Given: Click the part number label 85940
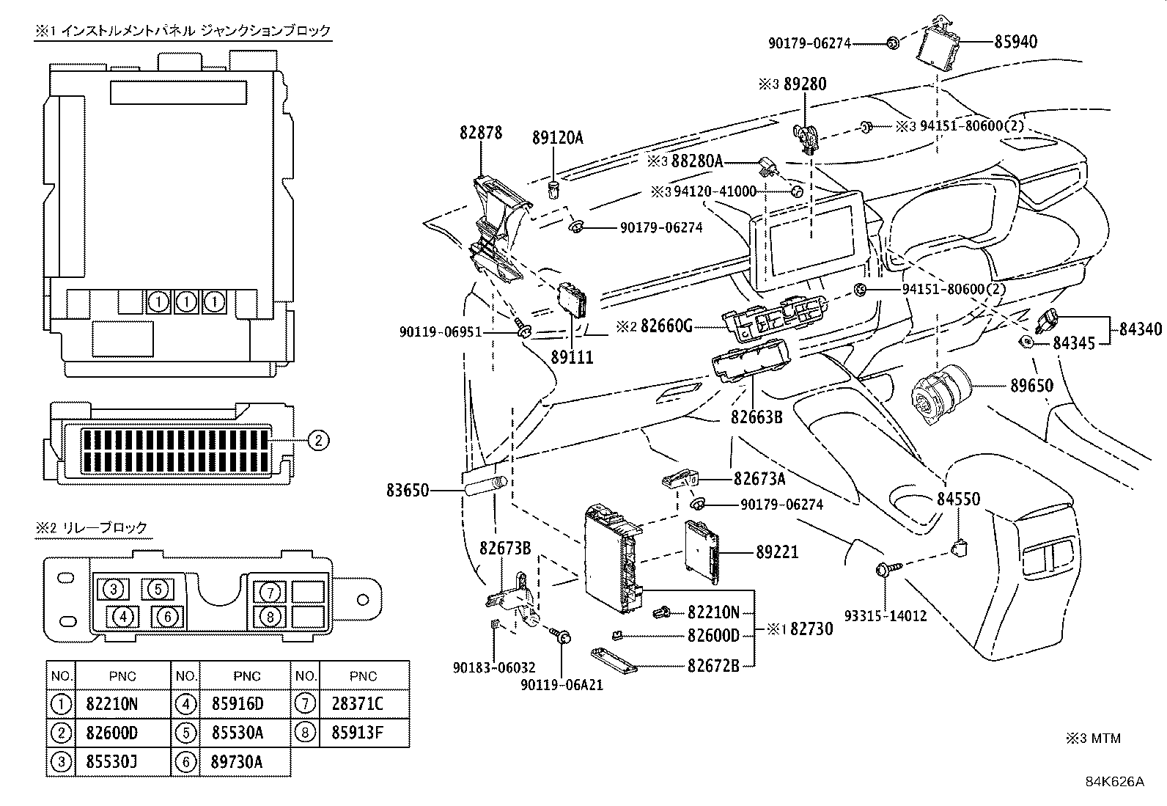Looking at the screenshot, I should click(1015, 42).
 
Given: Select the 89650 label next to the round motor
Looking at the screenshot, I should click(1031, 386).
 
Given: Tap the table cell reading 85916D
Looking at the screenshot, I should click(237, 704).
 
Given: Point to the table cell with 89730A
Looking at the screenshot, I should click(237, 762).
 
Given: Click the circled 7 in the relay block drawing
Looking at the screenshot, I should click(270, 592).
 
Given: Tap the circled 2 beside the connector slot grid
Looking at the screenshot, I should click(317, 440).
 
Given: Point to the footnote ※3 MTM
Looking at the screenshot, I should click(1093, 739).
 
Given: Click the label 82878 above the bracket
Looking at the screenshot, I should click(481, 133).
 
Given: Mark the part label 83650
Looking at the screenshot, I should click(408, 489).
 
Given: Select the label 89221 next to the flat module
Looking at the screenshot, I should click(777, 552).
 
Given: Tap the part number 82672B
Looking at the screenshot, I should click(713, 666).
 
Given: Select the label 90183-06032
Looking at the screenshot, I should click(493, 667).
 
